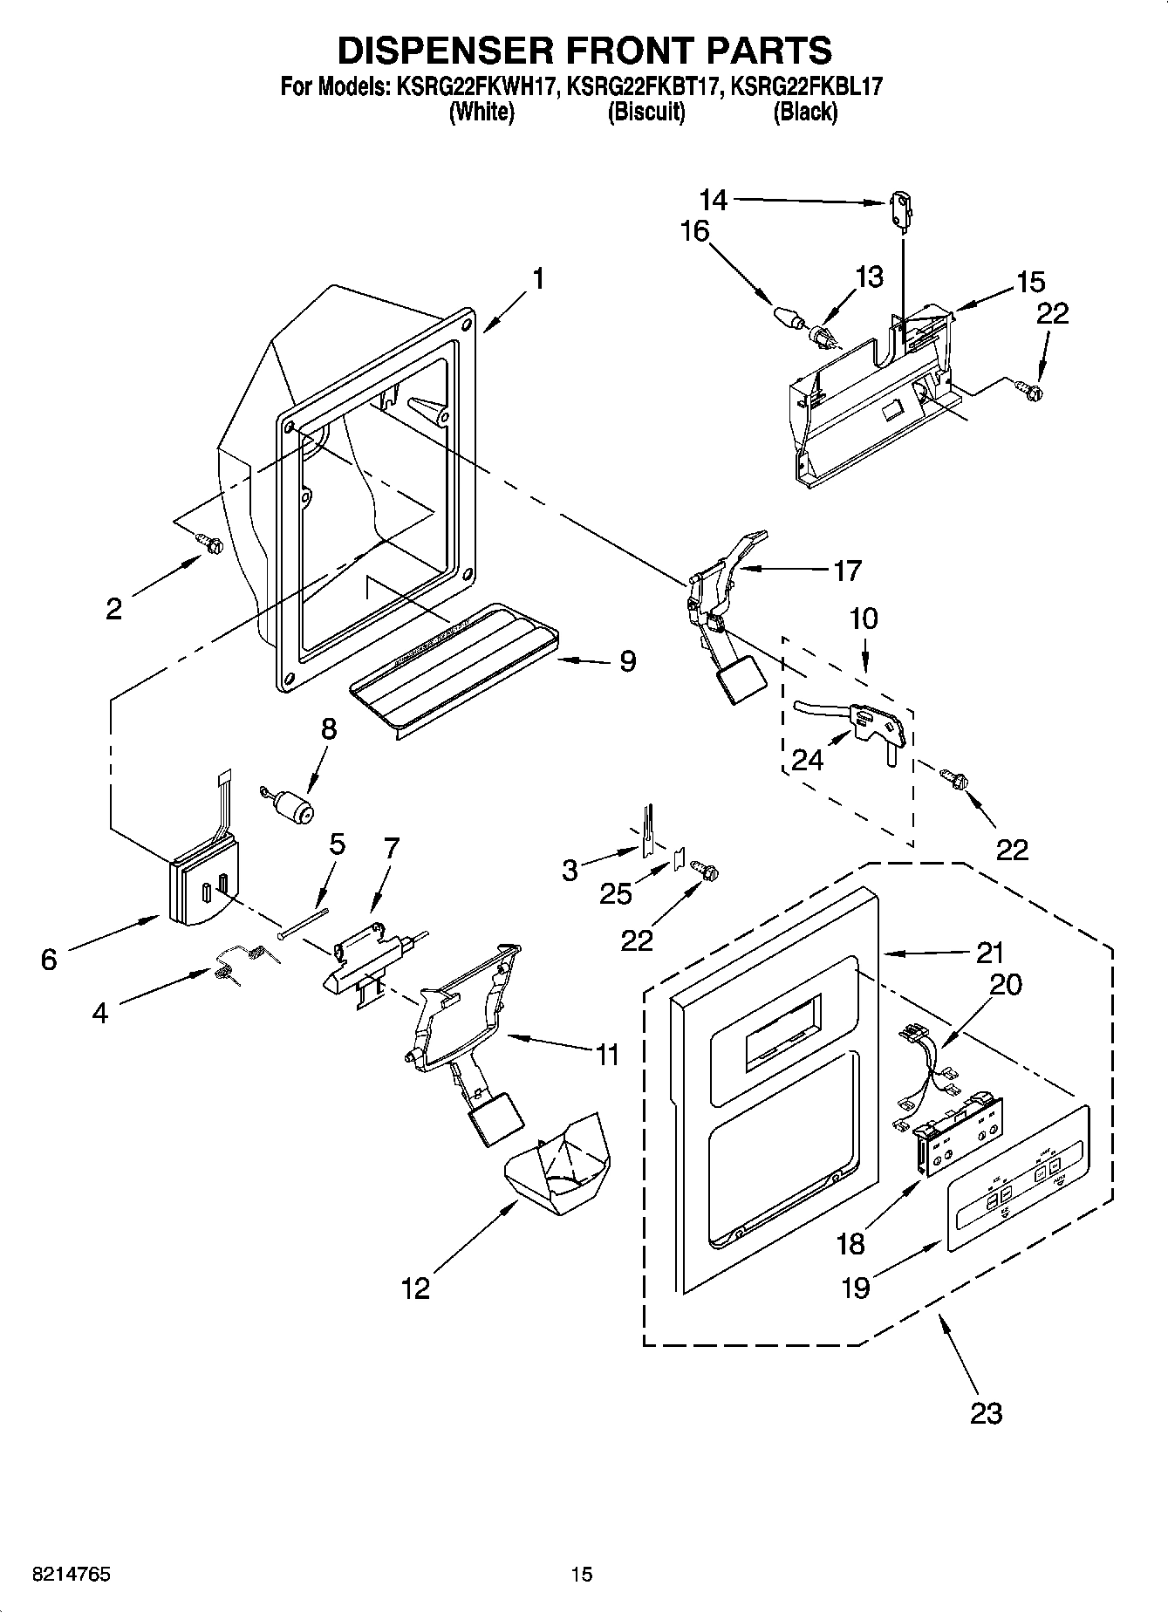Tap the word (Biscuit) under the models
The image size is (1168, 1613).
coord(645,112)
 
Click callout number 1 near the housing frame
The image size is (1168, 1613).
coord(538,279)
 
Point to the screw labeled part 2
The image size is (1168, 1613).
coord(210,543)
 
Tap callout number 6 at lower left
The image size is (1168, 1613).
coord(49,959)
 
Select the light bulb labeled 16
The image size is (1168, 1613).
coord(786,315)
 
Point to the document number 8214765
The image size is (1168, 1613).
coord(71,1574)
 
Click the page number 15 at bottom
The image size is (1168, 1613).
coord(581,1574)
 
